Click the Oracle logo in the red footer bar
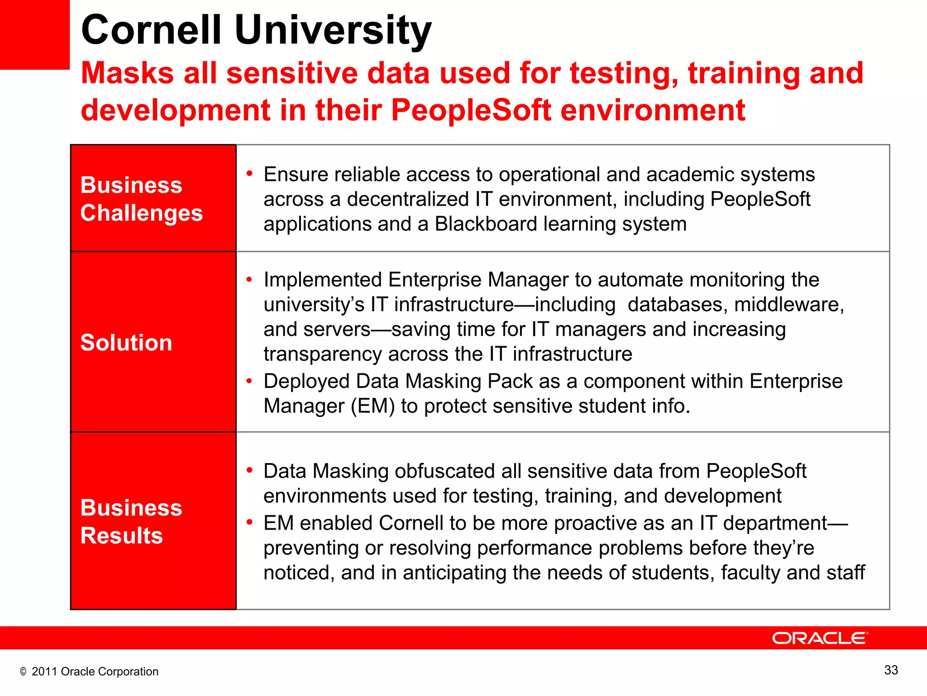[820, 638]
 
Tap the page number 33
[891, 670]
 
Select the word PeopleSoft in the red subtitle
[471, 110]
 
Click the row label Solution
[126, 343]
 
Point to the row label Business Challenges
[141, 199]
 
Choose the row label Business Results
[131, 522]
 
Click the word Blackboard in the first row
[486, 224]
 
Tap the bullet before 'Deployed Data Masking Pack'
[249, 381]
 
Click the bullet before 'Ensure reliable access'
[249, 174]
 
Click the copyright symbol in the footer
[23, 672]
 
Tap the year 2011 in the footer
[44, 672]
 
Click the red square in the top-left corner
[34, 34]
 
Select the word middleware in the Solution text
[788, 304]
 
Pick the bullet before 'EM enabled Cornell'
[249, 522]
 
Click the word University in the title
[333, 30]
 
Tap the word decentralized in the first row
[407, 199]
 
